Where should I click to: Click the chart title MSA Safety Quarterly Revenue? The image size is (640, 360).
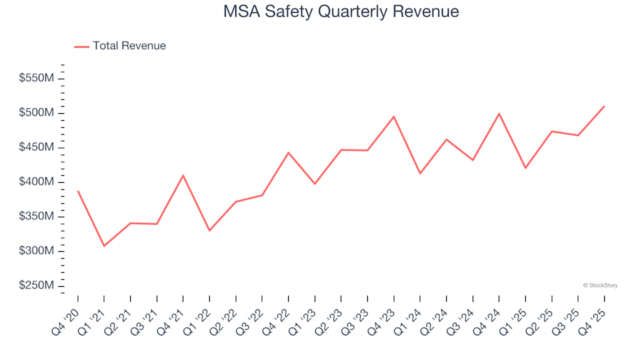341,12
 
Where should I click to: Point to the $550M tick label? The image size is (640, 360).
37,79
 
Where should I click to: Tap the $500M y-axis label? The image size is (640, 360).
37,113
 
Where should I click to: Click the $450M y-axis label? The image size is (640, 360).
37,147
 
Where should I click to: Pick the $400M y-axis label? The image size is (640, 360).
37,182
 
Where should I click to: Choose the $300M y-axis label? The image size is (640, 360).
37,251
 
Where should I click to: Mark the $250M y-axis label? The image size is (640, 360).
37,286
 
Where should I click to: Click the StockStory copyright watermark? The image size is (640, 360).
600,285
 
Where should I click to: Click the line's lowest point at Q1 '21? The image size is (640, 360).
104,246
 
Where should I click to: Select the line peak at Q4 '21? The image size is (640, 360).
183,175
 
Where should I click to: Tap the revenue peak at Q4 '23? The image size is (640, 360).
394,117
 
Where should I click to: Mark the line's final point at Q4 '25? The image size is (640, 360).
604,106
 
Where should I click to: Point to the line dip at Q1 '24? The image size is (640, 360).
420,173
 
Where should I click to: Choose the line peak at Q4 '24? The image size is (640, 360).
499,113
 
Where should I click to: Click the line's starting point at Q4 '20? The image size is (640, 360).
78,191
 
